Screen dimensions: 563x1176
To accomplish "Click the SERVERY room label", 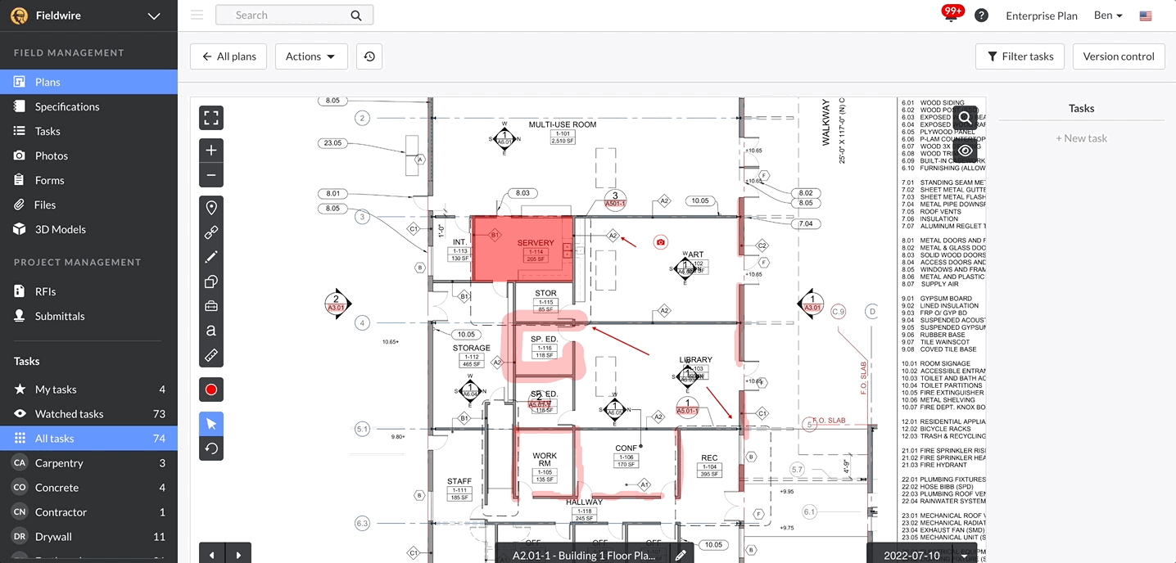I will pyautogui.click(x=536, y=243).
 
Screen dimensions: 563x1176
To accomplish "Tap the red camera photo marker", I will pyautogui.click(x=661, y=242).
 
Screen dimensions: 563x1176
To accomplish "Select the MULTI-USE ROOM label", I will pyautogui.click(x=562, y=124).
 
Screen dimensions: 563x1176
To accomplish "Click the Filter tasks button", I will pyautogui.click(x=1020, y=56).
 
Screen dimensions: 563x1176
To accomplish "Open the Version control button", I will pyautogui.click(x=1119, y=56).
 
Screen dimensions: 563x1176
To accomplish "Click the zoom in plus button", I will pyautogui.click(x=211, y=151).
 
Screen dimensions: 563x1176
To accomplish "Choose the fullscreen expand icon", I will pyautogui.click(x=211, y=118).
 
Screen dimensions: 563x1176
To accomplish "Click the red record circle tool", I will pyautogui.click(x=211, y=390).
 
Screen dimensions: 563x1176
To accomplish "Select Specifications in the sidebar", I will pyautogui.click(x=67, y=106).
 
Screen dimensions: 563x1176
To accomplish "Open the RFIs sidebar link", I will pyautogui.click(x=45, y=291).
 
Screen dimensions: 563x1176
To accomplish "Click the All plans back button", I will pyautogui.click(x=228, y=56).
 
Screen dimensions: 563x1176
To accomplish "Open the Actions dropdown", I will pyautogui.click(x=310, y=56).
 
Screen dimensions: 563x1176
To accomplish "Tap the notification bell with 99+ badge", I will pyautogui.click(x=952, y=15).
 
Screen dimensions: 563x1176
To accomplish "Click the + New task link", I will pyautogui.click(x=1081, y=138).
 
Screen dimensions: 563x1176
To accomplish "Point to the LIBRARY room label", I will pyautogui.click(x=695, y=359).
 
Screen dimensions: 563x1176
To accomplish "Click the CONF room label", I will pyautogui.click(x=626, y=448).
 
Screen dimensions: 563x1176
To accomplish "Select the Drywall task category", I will pyautogui.click(x=53, y=537).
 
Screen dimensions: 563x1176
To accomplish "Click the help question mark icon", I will pyautogui.click(x=981, y=16).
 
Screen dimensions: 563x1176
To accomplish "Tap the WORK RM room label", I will pyautogui.click(x=545, y=459).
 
